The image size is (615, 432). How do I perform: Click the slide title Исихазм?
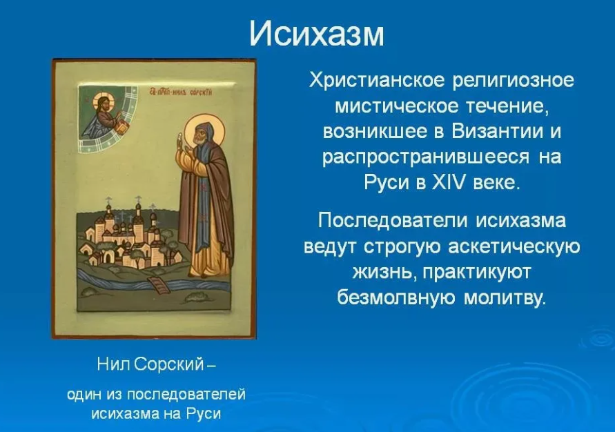point(317,33)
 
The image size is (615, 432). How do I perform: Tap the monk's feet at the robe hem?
point(207,275)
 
